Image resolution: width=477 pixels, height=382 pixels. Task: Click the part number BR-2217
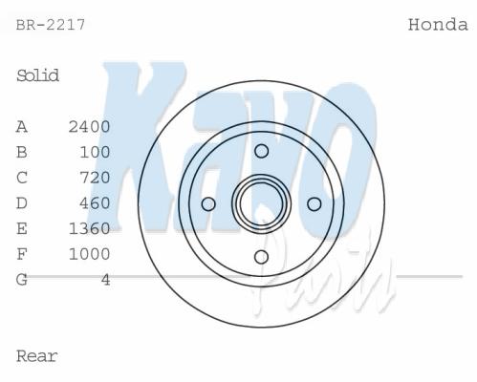coord(51,25)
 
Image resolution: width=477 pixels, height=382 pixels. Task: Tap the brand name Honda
coord(438,25)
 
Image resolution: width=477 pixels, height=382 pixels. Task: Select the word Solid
coord(37,75)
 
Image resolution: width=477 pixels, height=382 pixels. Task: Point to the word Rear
coord(36,356)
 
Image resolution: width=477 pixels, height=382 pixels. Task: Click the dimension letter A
coord(22,127)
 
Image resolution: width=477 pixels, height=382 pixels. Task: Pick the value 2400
coord(90,127)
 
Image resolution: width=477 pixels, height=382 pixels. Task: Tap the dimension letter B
coord(22,152)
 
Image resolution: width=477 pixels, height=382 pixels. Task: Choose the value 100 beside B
coord(95,152)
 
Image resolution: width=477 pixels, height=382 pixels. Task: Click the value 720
coord(95,178)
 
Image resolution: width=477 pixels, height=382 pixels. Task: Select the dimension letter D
coord(22,203)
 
